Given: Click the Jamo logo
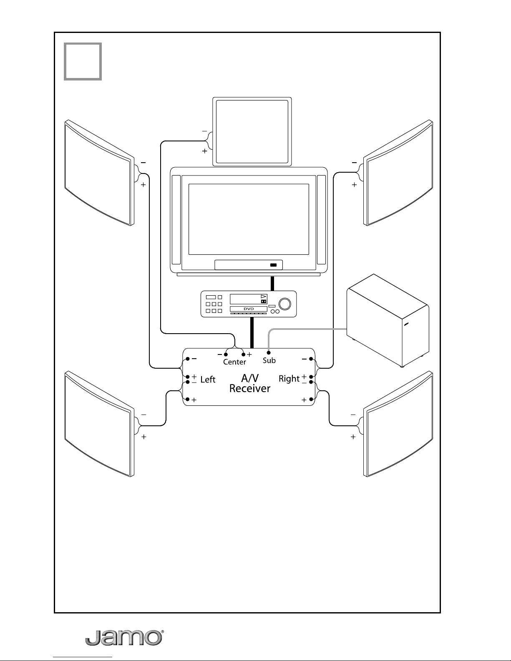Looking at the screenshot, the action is coord(124,638).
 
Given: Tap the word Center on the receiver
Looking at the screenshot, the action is coord(234,362).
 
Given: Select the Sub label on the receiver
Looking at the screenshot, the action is coord(269,360).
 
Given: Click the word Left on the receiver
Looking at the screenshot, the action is coord(208,380).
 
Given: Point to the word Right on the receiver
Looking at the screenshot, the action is coord(289,379).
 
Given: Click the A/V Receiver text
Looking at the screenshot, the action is coord(250,383).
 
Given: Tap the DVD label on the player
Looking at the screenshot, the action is coord(249,309).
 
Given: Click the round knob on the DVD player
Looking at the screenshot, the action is coord(284,304).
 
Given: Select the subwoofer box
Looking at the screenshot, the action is coord(388,321).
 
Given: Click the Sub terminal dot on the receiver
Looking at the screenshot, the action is coord(269,353).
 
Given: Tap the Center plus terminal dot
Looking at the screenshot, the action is coord(243,354).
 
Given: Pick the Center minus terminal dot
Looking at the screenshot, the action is coord(226,354).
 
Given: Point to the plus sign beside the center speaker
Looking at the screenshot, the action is coord(205,151).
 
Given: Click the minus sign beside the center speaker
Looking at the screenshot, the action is coord(205,131).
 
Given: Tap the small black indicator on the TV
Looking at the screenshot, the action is coord(274,265).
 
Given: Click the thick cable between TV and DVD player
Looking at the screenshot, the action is coord(272,284).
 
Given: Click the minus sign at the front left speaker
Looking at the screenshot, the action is coord(143,163).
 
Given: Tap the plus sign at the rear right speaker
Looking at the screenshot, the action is coord(353,437).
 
